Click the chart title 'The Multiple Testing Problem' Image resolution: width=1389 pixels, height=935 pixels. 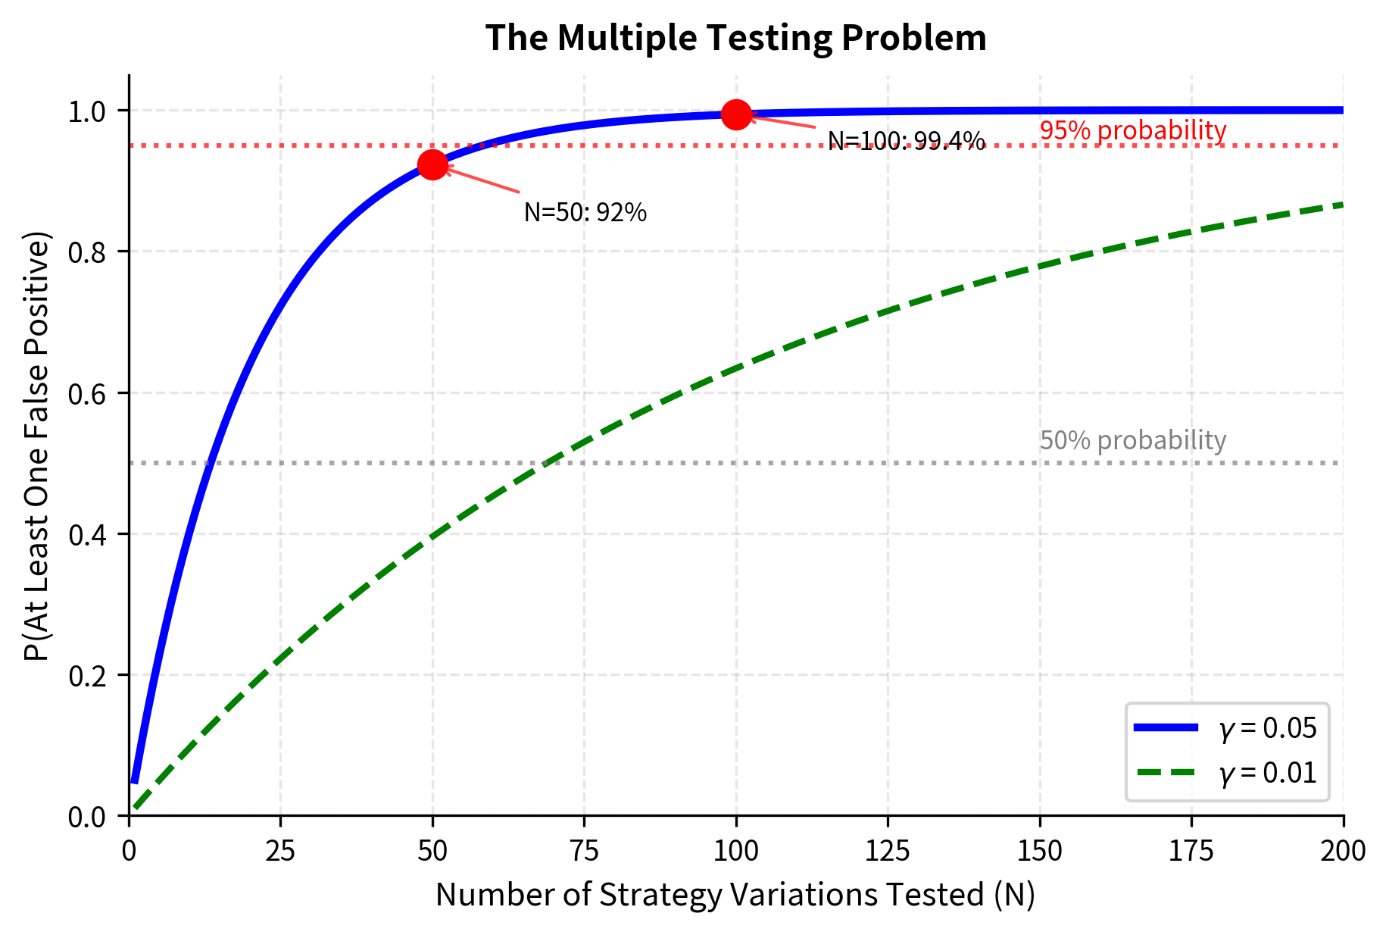click(735, 38)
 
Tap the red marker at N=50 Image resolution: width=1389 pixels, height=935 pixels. click(432, 164)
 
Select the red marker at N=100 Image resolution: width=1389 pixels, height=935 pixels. click(736, 114)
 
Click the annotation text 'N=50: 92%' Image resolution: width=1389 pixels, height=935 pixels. click(585, 213)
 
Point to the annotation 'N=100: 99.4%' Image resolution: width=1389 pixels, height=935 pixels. click(906, 141)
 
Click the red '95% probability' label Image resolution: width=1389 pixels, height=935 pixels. click(1132, 130)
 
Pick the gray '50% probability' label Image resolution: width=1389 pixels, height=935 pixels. click(1132, 440)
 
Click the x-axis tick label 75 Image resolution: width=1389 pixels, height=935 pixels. click(585, 851)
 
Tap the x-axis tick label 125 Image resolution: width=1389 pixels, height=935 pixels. click(888, 851)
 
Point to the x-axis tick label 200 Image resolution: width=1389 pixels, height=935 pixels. click(1343, 851)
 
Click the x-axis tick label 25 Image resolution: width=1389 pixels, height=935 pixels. click(280, 851)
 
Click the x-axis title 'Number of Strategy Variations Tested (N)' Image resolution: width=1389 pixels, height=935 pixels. click(735, 895)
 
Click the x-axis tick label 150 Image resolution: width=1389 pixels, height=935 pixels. click(1040, 851)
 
